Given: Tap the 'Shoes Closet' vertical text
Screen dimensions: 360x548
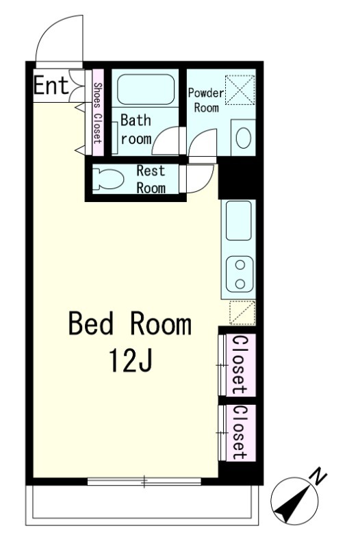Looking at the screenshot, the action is pyautogui.click(x=98, y=113).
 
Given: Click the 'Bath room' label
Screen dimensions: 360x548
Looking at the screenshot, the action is pyautogui.click(x=136, y=129).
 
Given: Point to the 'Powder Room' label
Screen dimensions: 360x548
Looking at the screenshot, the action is pyautogui.click(x=206, y=100).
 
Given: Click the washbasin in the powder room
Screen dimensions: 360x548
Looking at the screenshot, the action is pyautogui.click(x=244, y=138).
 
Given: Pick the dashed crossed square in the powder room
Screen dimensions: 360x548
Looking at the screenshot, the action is pyautogui.click(x=240, y=90).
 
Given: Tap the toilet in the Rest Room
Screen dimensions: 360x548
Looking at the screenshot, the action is pyautogui.click(x=108, y=179).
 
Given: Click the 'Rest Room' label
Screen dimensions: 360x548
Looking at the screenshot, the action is pyautogui.click(x=151, y=179).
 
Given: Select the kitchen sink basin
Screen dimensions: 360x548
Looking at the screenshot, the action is pyautogui.click(x=239, y=220).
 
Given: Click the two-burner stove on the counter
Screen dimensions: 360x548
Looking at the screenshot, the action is pyautogui.click(x=240, y=275).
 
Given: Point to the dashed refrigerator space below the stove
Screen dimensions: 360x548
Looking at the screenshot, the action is pyautogui.click(x=242, y=312).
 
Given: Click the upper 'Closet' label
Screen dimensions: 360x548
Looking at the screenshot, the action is pyautogui.click(x=240, y=364).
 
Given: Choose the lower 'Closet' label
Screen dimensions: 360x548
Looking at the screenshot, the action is pyautogui.click(x=240, y=433).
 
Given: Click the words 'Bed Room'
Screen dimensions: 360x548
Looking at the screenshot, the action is pyautogui.click(x=130, y=324).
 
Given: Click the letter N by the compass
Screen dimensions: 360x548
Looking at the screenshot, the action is pyautogui.click(x=318, y=477).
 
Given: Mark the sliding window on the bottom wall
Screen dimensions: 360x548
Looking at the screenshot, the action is pyautogui.click(x=144, y=482).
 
